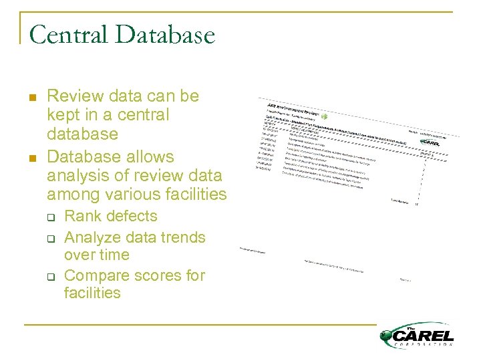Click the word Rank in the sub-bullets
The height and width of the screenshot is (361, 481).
(x=81, y=216)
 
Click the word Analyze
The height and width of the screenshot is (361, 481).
(x=92, y=237)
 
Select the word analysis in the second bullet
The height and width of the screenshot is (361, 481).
(x=76, y=176)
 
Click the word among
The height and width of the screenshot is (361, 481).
(x=70, y=195)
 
